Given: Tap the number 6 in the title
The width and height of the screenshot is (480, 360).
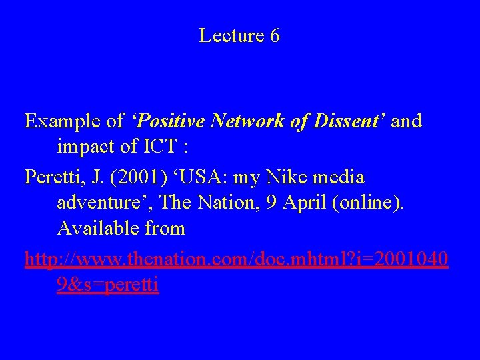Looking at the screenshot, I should coord(275,36).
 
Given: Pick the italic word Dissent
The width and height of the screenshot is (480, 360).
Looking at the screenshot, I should coord(351,121).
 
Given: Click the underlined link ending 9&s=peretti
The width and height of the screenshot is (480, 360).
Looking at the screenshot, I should coord(108,285).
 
